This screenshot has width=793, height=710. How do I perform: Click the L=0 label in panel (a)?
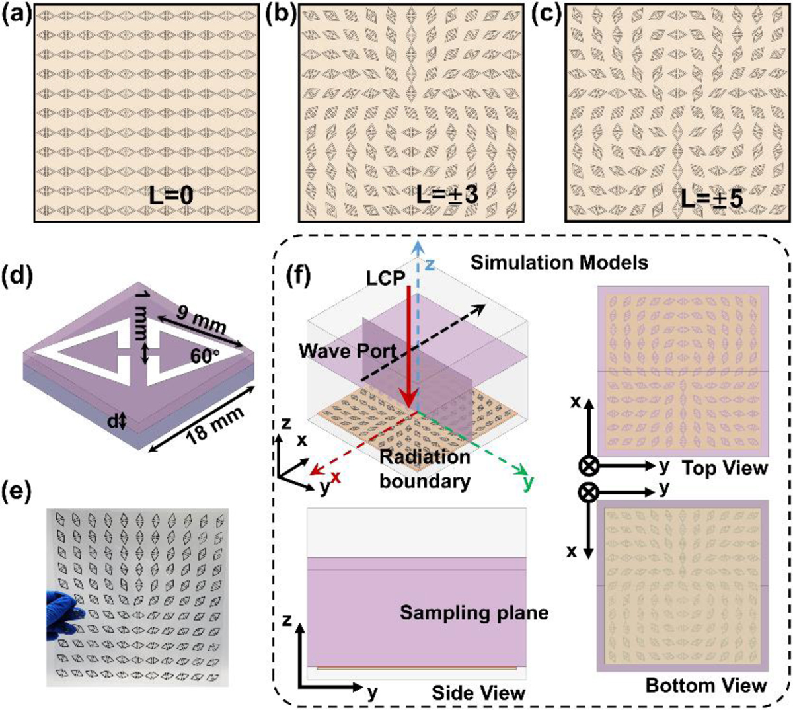171,196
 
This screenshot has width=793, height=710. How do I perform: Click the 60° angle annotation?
205,356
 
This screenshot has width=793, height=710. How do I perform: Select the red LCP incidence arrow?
408,348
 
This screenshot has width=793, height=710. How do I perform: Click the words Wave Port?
348,351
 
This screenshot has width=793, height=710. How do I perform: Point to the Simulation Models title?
559,262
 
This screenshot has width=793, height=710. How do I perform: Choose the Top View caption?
725,467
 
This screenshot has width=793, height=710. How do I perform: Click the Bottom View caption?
706,686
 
